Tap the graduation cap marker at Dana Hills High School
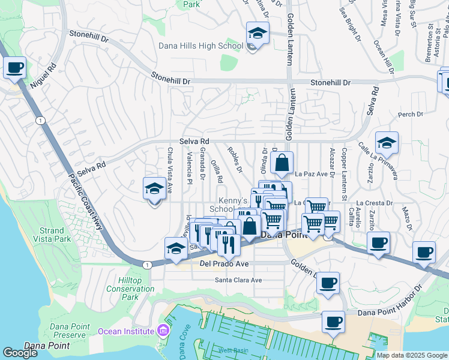point(258,33)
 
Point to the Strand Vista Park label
point(52,235)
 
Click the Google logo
point(20,353)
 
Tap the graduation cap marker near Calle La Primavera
point(387,143)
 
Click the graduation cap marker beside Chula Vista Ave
point(154,188)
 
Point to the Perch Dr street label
point(411,114)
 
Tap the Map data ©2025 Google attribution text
point(412,355)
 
